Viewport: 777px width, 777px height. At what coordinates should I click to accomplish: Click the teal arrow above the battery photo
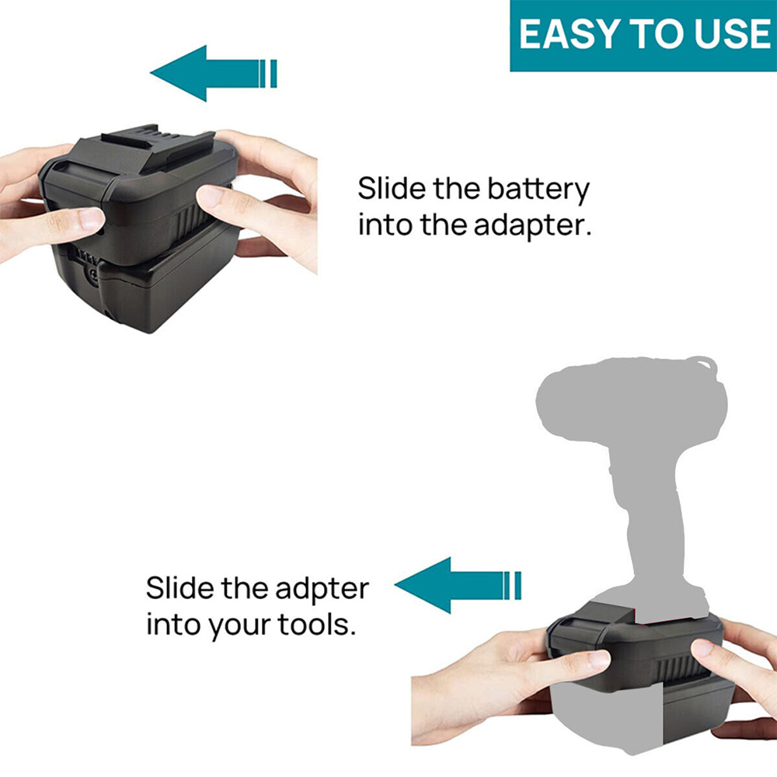[213, 73]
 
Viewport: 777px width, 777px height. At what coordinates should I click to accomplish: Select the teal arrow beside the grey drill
[458, 585]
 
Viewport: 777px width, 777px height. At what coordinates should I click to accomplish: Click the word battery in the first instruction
[538, 190]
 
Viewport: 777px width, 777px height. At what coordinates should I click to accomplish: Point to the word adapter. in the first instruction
[533, 226]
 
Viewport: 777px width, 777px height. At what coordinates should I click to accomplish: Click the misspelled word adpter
[322, 590]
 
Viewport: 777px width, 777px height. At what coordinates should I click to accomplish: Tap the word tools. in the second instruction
[317, 625]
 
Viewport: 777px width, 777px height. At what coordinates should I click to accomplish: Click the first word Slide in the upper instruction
[392, 188]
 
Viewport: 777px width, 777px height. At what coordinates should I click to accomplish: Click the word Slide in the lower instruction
[180, 587]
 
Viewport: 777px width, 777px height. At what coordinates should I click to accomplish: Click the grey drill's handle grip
[649, 521]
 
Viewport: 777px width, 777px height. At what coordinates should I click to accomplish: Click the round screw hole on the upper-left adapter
[92, 276]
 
